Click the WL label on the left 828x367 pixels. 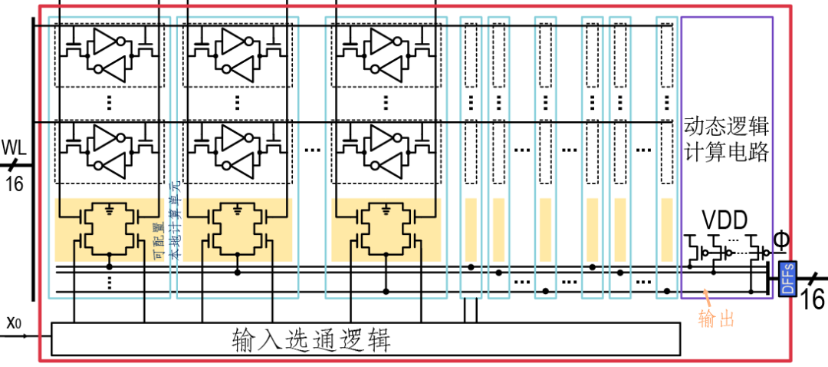click(14, 146)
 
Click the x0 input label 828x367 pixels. click(13, 322)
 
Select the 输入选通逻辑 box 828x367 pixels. click(365, 339)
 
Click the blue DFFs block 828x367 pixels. click(787, 278)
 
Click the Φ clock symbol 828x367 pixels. click(780, 241)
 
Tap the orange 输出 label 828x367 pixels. click(716, 319)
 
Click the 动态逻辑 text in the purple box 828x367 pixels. click(726, 126)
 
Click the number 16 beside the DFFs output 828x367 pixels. click(813, 299)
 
